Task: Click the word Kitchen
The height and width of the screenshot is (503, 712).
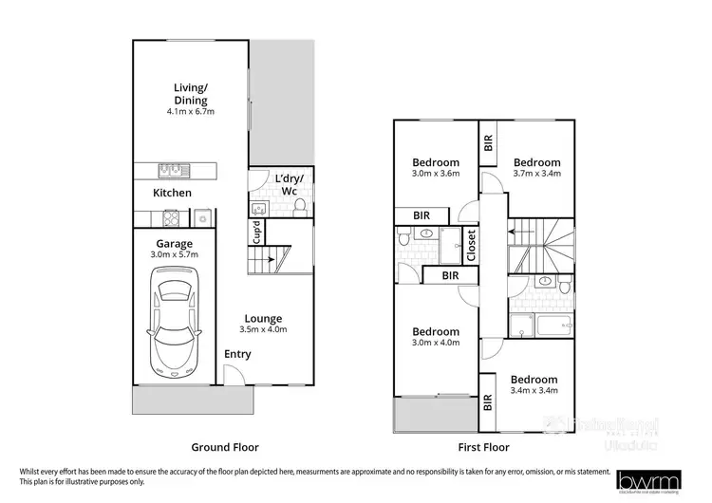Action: tap(173, 193)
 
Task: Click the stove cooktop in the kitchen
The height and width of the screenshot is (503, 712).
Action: tap(173, 218)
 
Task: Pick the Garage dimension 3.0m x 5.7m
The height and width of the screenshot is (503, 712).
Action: tap(175, 255)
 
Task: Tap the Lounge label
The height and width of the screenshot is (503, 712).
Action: tap(264, 319)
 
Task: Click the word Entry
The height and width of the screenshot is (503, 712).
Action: tap(237, 354)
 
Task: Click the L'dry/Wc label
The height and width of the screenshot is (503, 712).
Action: tap(287, 185)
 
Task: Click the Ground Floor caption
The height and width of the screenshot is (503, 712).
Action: tap(225, 446)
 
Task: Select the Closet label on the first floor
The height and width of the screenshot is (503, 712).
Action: tap(472, 246)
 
